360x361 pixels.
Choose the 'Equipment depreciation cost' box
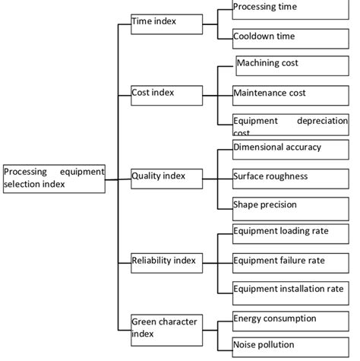(x=290, y=124)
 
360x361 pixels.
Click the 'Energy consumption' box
(x=290, y=320)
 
